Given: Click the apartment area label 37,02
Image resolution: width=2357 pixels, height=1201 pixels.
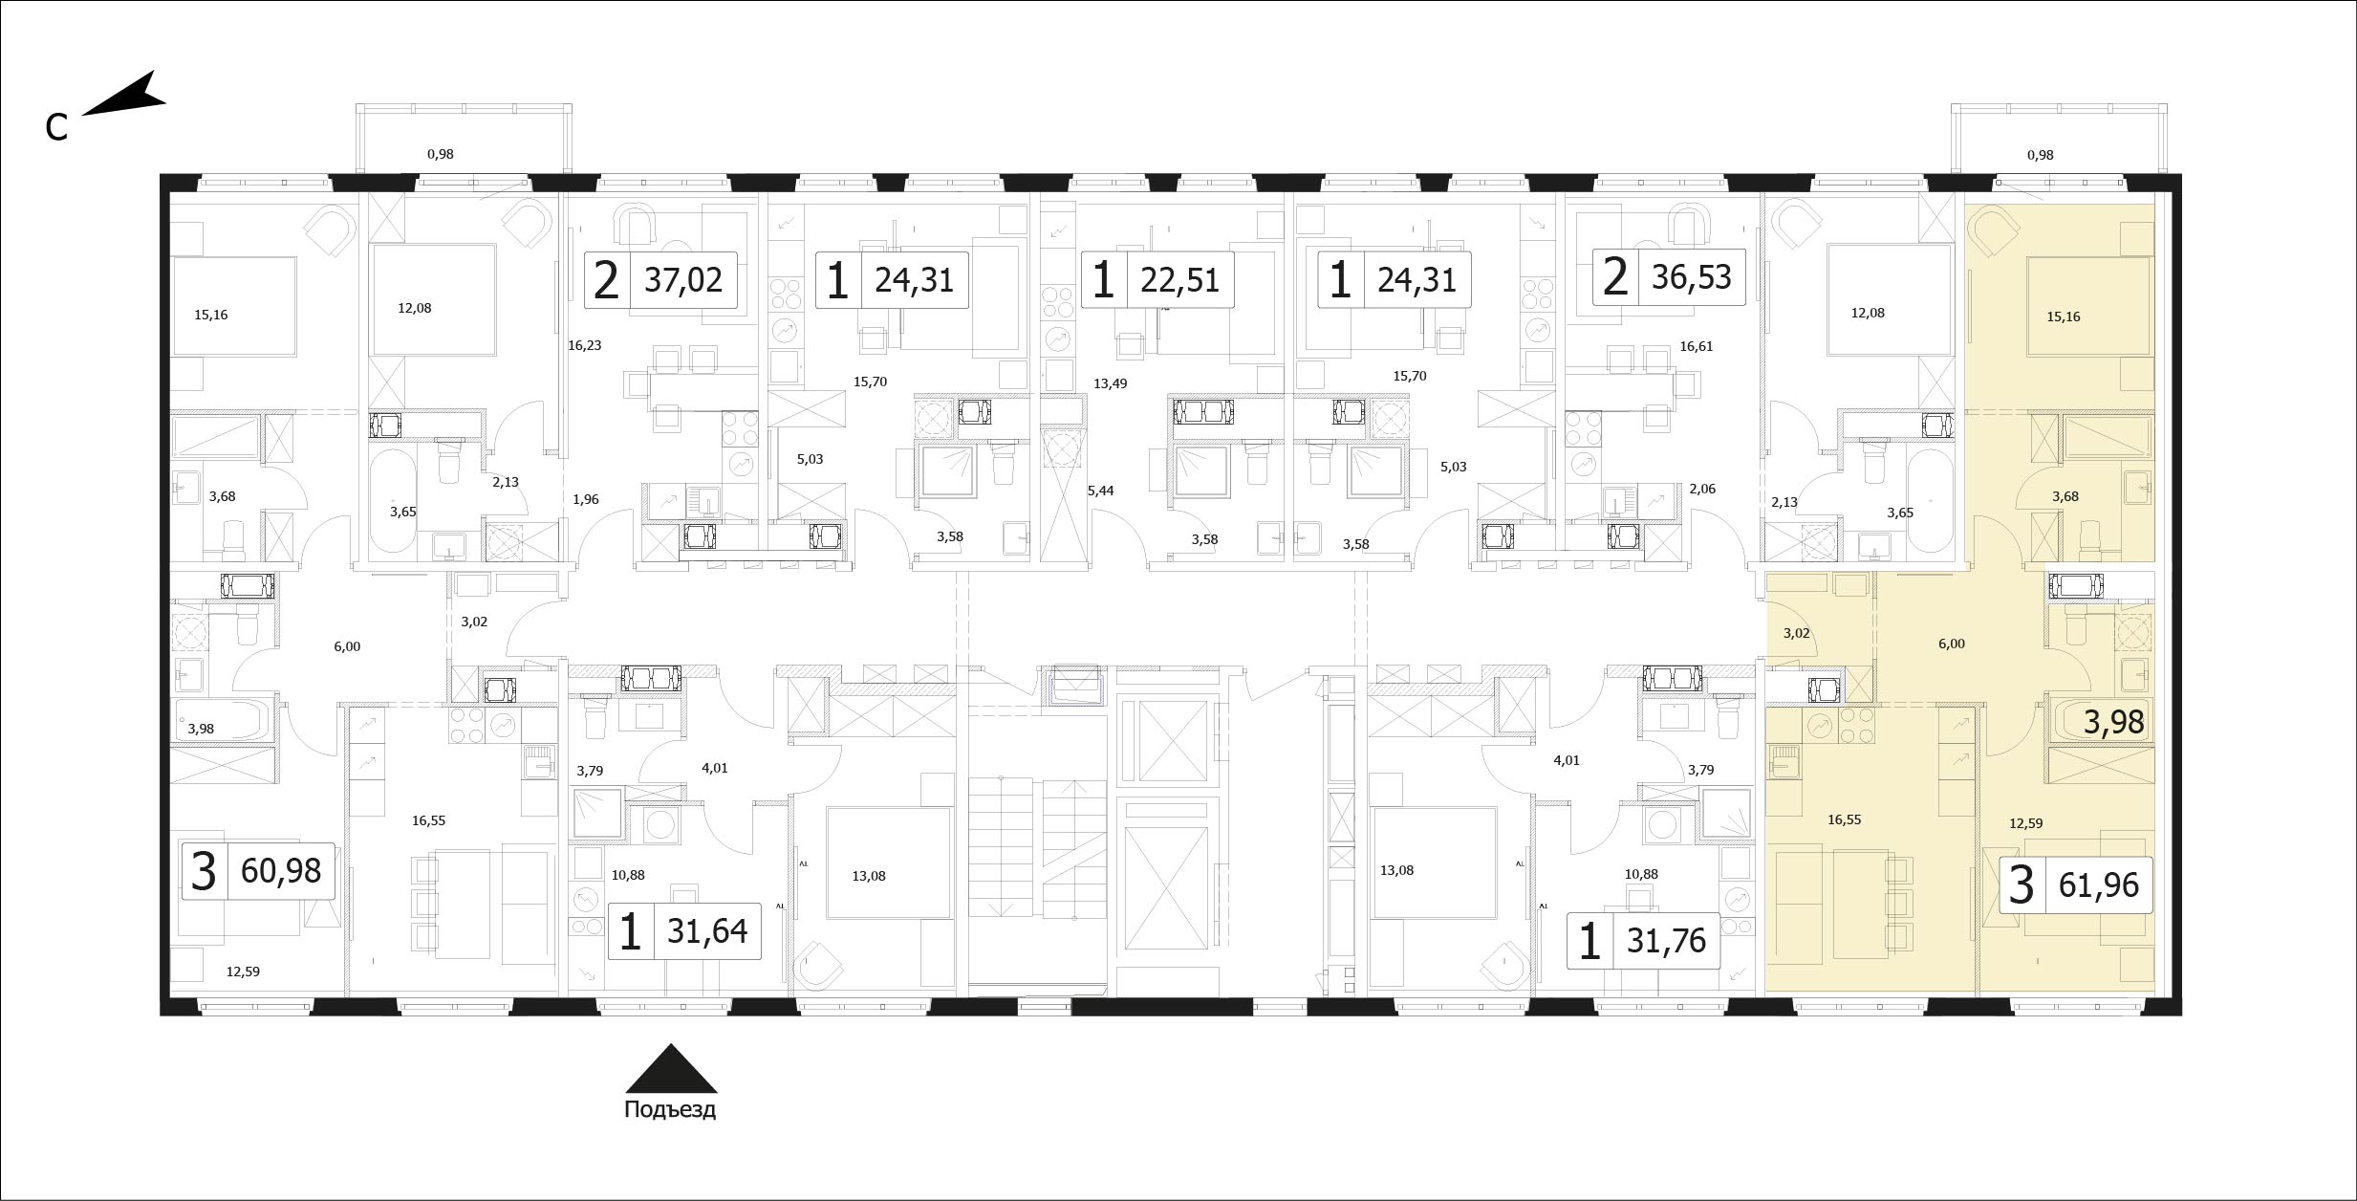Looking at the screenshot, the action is (x=683, y=281).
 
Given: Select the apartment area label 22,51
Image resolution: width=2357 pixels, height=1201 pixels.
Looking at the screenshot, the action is (x=1180, y=281).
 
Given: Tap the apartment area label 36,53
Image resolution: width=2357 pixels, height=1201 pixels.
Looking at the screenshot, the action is (x=1692, y=277).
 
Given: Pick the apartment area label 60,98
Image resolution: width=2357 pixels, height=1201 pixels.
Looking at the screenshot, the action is (x=281, y=871).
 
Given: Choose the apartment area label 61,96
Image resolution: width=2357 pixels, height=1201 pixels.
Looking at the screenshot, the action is (x=2099, y=884).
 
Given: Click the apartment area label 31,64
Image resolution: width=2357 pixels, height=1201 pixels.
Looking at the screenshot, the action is (x=707, y=930).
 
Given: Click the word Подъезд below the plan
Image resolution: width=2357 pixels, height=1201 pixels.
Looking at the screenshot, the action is (x=670, y=1109).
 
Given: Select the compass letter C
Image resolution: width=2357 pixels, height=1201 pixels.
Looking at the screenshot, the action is (x=56, y=127).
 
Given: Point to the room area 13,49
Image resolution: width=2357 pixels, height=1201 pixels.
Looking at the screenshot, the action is (x=1111, y=383).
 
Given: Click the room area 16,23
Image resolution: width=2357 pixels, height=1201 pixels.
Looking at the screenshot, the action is (x=584, y=345).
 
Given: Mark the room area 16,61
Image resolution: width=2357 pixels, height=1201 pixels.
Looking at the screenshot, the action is (x=1696, y=346).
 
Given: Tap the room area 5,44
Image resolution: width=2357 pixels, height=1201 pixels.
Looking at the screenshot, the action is (x=1101, y=491).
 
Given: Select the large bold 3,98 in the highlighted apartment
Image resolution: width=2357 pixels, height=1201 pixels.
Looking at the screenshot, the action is (x=2114, y=723).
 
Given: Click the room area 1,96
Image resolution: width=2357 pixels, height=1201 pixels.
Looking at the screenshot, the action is (x=585, y=498).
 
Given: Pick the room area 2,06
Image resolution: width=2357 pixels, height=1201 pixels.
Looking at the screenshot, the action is (x=1702, y=489).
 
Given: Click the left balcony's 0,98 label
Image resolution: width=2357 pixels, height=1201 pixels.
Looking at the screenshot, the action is (x=441, y=153).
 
